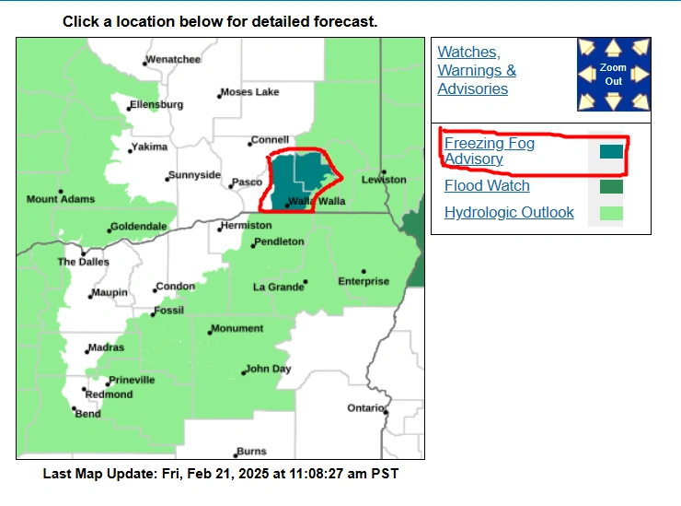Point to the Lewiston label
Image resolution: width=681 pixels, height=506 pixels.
[x=383, y=179]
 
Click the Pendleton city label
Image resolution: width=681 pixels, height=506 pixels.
[x=278, y=241]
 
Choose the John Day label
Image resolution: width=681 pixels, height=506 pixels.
[x=268, y=369]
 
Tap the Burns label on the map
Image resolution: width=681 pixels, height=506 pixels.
[x=251, y=452]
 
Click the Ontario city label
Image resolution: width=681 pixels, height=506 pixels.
[x=364, y=407]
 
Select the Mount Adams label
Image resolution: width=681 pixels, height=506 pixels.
[x=55, y=199]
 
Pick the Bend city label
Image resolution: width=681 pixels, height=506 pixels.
[x=87, y=414]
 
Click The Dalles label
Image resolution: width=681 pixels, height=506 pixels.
[x=83, y=262]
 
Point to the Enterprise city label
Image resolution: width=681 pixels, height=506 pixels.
[x=363, y=281]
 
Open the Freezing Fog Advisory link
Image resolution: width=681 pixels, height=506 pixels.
[x=489, y=151]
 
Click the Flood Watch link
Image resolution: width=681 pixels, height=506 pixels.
[x=487, y=186]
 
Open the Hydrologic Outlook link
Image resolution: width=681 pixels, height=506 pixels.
[x=509, y=213]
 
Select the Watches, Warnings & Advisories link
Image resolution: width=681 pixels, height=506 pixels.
[x=477, y=70]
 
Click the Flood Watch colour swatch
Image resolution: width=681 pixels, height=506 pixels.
[x=611, y=187]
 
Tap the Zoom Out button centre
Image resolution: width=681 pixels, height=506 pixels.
[x=613, y=75]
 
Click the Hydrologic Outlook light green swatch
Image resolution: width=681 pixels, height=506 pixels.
[x=611, y=214]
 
